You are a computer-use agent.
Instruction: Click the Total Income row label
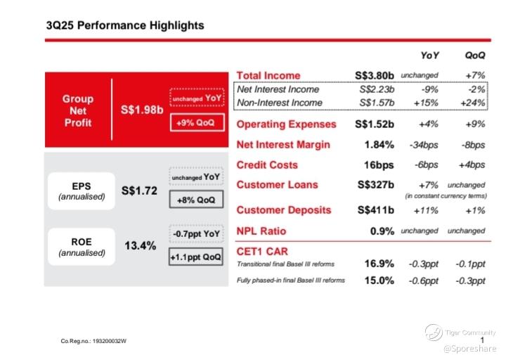click(268, 75)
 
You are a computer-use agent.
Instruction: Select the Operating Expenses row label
click(286, 124)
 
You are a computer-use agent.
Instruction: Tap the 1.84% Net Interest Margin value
click(379, 145)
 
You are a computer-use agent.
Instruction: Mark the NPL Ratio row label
click(261, 231)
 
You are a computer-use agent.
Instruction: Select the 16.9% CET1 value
click(379, 264)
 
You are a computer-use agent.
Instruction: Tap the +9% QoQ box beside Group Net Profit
click(196, 123)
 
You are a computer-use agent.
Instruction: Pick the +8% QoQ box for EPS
click(196, 200)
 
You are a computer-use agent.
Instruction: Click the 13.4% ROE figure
click(140, 246)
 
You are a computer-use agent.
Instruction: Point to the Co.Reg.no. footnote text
click(98, 341)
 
